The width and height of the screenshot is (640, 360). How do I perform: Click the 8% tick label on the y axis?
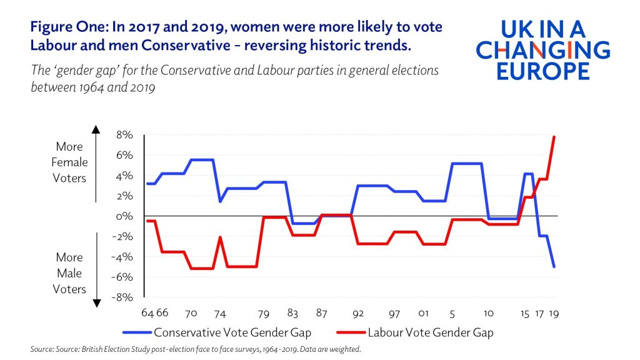(122, 135)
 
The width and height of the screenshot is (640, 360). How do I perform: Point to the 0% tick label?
(122, 216)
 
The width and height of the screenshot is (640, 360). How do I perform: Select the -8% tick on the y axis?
(121, 297)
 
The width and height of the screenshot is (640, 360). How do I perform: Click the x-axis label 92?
(358, 312)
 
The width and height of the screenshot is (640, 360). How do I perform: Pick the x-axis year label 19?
(554, 312)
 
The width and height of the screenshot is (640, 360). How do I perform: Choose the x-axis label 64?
(148, 312)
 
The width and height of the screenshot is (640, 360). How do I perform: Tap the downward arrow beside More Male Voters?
(97, 302)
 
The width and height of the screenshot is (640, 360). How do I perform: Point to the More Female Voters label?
(69, 162)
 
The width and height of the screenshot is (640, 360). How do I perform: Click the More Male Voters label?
(69, 273)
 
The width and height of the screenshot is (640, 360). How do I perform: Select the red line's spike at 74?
(220, 237)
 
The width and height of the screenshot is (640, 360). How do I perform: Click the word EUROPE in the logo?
(543, 69)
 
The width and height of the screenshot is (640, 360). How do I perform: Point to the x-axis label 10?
(489, 312)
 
